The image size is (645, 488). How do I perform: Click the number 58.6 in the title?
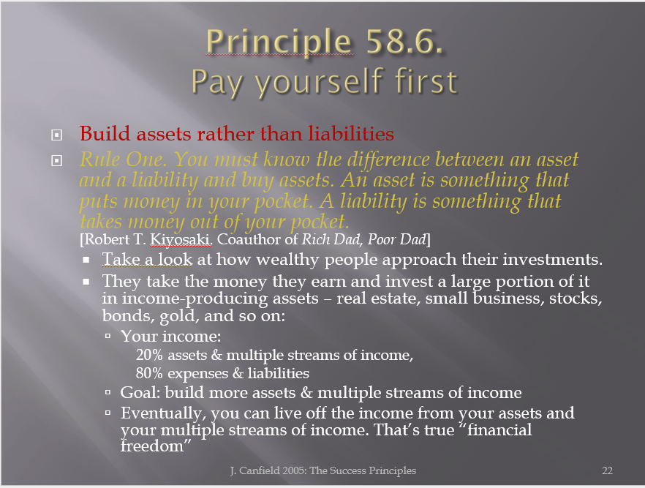pos(404,42)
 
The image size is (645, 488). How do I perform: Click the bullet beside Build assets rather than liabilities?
pos(57,135)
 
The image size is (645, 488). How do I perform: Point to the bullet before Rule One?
pos(57,160)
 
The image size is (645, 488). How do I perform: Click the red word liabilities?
pos(351,134)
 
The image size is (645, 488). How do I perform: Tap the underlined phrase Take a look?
pos(147,260)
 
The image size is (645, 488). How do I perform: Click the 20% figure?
pos(149,355)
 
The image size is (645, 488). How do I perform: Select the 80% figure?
pos(149,373)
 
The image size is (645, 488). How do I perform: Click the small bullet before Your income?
pos(107,336)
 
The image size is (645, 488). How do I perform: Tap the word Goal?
pos(140,393)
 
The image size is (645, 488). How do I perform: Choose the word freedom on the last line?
pos(152,446)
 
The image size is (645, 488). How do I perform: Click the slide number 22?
pos(607,470)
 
